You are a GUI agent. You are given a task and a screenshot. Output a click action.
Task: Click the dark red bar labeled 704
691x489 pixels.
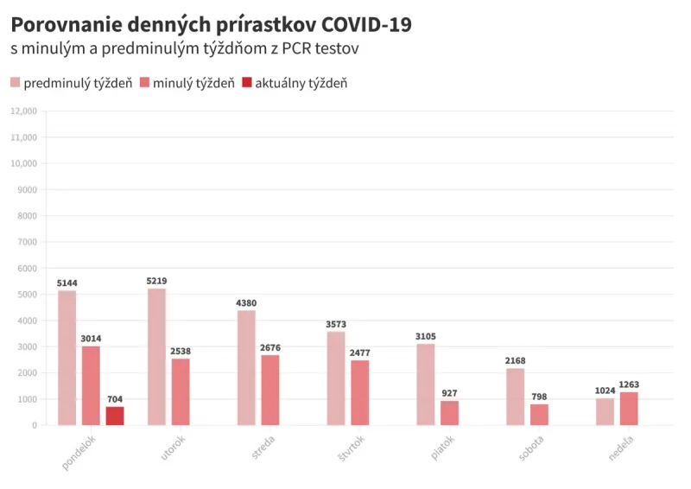point(115,416)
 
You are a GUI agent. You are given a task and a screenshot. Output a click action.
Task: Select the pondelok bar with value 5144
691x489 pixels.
point(67,358)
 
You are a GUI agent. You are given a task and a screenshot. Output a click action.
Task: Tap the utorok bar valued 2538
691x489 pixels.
point(181,391)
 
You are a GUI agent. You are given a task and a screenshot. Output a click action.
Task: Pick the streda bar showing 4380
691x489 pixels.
point(246,367)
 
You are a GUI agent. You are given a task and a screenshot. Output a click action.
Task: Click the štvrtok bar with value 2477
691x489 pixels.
point(360,392)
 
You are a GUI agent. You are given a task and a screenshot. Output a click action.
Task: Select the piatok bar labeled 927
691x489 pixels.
point(449,412)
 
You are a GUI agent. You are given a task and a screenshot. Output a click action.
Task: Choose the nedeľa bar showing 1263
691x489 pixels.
point(629,408)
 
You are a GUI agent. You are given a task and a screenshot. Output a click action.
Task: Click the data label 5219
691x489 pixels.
point(156,281)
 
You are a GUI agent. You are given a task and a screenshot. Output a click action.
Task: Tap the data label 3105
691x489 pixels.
point(426,336)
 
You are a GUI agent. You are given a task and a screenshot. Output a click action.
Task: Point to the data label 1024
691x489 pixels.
point(605,391)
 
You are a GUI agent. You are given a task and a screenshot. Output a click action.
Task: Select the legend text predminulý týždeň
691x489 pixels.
point(78,83)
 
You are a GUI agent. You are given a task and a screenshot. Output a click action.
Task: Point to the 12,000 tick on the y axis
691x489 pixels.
point(23,111)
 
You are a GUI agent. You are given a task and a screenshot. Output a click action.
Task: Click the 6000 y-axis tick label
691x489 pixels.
point(27,268)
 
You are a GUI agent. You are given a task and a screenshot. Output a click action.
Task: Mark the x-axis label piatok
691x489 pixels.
point(442,449)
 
